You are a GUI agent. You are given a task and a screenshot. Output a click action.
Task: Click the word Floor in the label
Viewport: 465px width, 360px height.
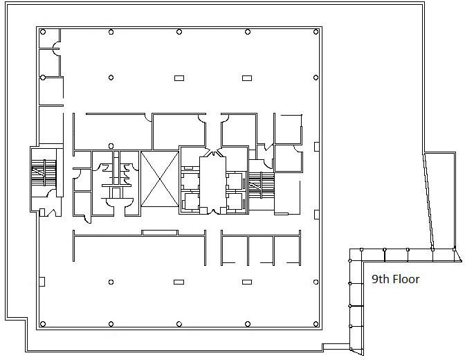click(406, 279)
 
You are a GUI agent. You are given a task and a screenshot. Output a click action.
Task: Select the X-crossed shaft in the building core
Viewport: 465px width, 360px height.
click(160, 179)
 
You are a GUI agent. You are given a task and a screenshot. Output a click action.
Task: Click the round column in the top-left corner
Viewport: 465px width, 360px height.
click(43, 32)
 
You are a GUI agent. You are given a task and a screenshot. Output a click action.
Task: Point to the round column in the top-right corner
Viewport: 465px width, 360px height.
click(316, 32)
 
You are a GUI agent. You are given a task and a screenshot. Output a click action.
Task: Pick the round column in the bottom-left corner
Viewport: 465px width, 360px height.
click(43, 324)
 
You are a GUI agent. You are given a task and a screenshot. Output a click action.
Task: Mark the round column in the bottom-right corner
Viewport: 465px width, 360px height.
click(316, 324)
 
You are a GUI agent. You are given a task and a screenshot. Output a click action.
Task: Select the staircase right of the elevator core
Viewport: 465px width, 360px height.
click(262, 186)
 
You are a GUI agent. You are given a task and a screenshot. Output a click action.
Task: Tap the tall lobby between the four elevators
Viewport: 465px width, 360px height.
click(212, 183)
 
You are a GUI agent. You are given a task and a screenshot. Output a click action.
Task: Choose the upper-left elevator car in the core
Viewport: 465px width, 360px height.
click(190, 181)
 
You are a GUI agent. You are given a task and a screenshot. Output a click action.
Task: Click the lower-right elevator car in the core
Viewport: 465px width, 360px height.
click(235, 201)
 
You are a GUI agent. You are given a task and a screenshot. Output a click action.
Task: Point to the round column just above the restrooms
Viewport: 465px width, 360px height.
click(111, 145)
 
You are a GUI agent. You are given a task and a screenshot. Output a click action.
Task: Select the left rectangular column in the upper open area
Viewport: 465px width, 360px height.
click(179, 78)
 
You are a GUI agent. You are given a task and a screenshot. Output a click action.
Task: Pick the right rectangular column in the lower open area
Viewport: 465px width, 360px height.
click(247, 282)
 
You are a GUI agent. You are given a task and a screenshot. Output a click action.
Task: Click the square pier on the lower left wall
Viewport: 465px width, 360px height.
click(42, 282)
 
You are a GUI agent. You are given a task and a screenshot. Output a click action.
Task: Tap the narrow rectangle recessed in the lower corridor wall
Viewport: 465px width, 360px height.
click(160, 233)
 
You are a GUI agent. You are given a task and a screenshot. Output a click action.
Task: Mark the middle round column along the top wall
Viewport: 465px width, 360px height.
click(179, 32)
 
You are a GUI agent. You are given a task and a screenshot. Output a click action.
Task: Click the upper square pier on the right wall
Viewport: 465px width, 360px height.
click(317, 146)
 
